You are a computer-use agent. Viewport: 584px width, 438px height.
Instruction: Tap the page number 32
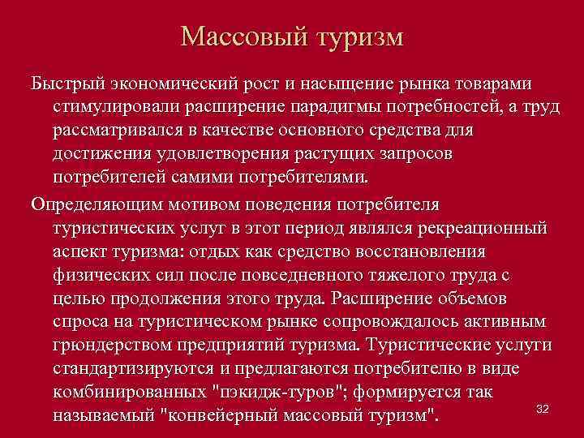543,409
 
